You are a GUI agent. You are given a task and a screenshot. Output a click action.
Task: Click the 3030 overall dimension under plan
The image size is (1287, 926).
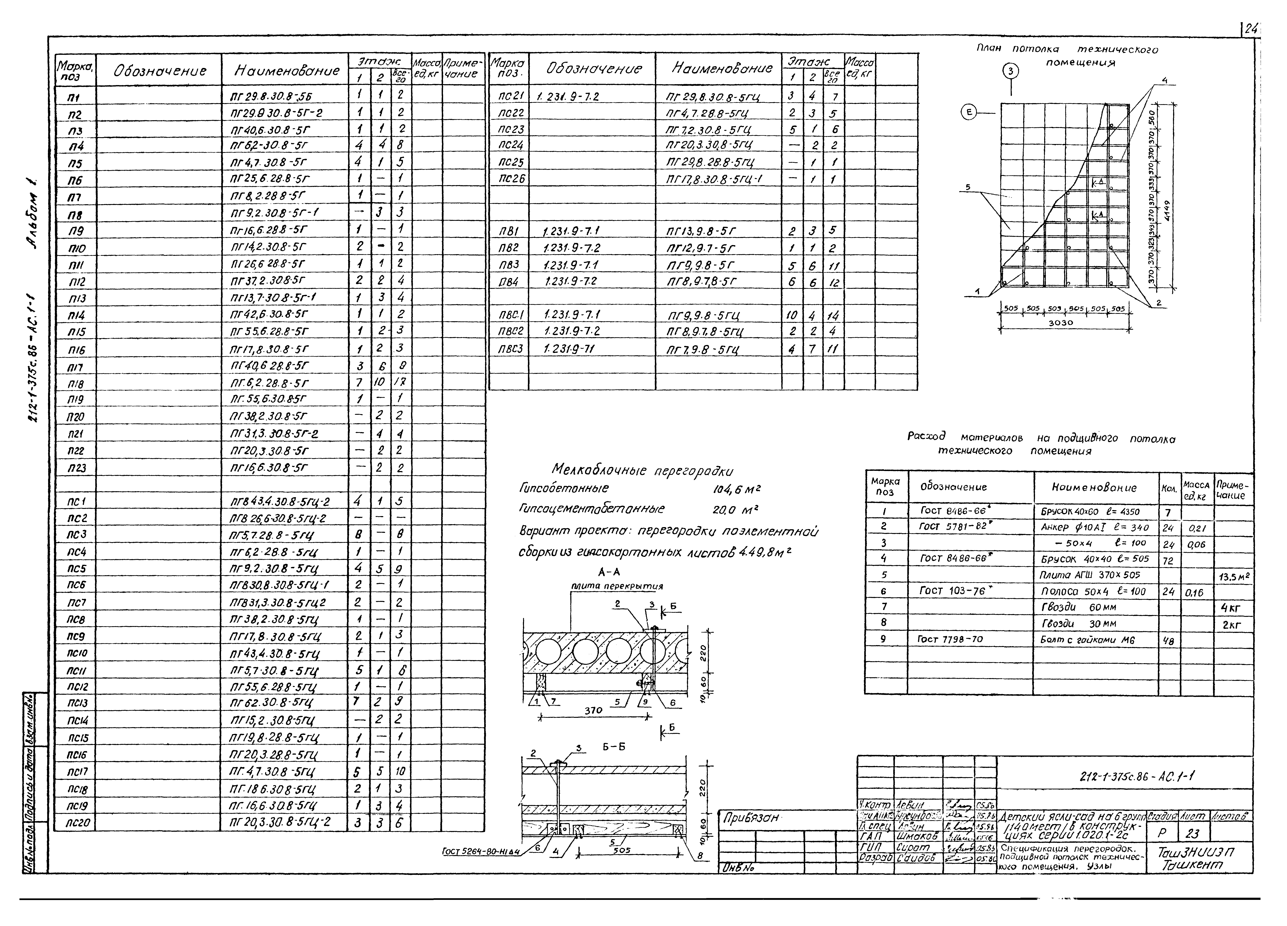pos(1060,322)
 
